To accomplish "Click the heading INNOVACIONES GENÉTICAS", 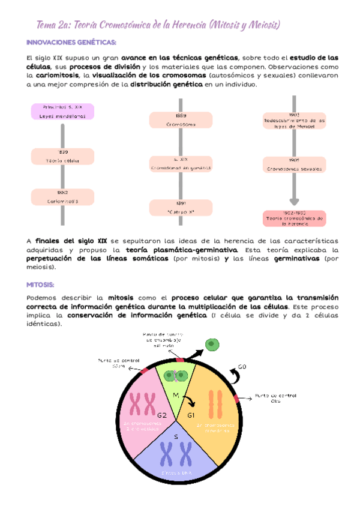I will click(71, 42).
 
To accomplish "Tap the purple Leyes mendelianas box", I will click(62, 111).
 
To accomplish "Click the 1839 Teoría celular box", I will click(62, 157).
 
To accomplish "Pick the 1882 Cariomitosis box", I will click(62, 197).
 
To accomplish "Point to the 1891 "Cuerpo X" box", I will click(181, 208).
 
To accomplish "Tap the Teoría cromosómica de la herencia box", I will click(294, 218).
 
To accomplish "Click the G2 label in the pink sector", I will click(162, 415).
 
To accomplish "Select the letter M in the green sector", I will click(176, 396).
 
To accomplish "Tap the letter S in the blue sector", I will click(176, 437).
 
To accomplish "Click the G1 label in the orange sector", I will click(191, 415).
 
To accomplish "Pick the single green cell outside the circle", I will click(211, 345).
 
